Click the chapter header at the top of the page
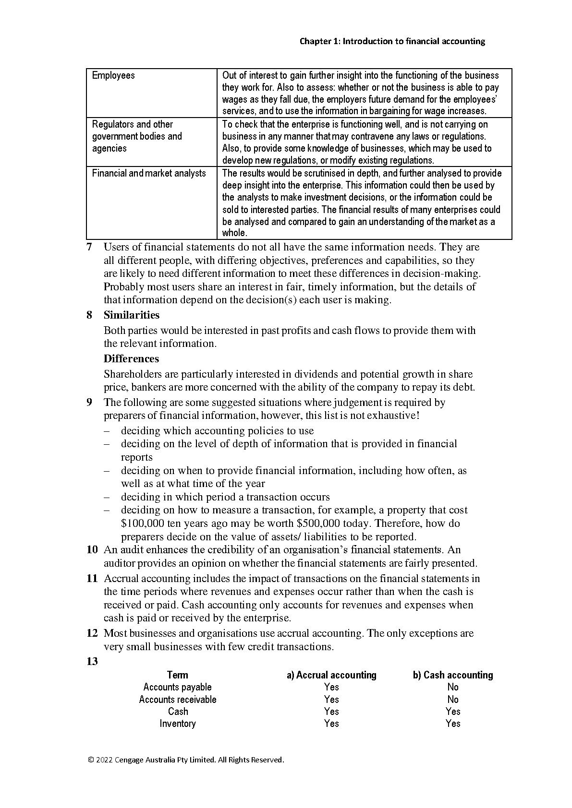point(392,41)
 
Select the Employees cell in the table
point(113,75)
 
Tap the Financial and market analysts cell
point(149,173)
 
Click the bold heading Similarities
point(132,315)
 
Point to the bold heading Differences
point(131,359)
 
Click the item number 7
point(89,248)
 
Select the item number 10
point(92,550)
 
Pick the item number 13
point(92,662)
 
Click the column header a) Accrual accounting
point(331,675)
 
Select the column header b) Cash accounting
point(453,675)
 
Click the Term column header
point(178,675)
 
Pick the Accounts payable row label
point(178,687)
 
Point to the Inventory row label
point(178,724)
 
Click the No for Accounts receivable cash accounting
point(453,700)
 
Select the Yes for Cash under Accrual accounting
point(331,712)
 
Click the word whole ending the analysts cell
point(234,233)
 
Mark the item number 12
point(92,633)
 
